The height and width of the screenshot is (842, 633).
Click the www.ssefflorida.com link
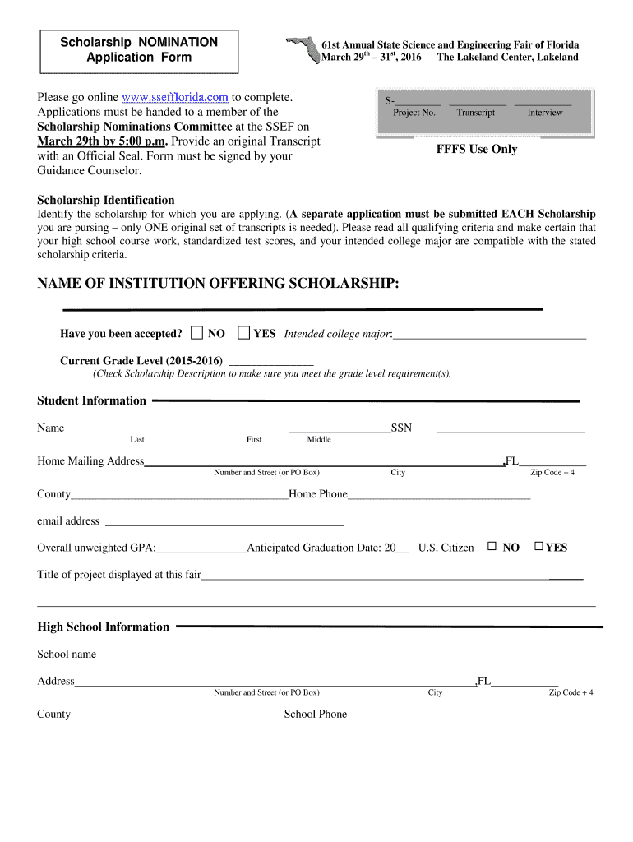click(174, 97)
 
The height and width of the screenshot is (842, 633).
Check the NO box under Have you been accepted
click(196, 333)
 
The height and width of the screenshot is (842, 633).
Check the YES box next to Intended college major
click(243, 333)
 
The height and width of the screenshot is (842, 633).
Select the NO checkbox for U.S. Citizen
click(492, 547)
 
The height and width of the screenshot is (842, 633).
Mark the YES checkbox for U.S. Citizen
click(538, 547)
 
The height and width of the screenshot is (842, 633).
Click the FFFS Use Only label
click(476, 150)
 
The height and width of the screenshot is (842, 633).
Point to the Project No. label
click(414, 113)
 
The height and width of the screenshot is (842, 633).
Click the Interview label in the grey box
click(545, 113)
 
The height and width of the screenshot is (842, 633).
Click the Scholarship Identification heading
click(106, 200)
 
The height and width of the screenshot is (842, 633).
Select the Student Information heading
click(91, 400)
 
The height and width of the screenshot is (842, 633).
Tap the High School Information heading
click(103, 627)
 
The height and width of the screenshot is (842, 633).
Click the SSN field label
click(401, 428)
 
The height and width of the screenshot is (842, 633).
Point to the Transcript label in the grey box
click(476, 113)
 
